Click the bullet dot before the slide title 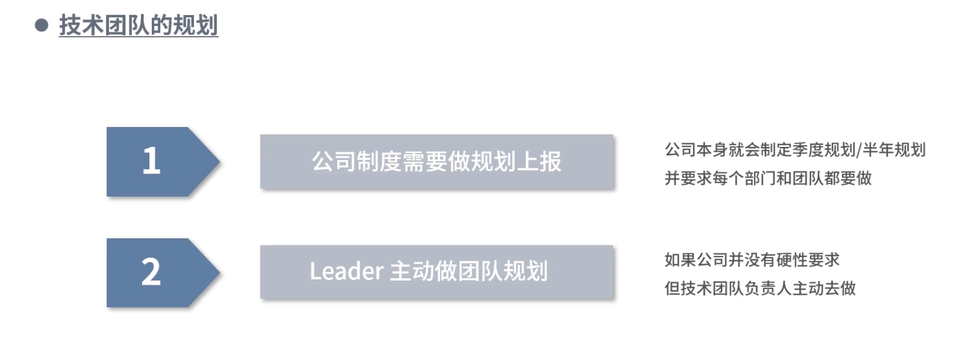[42, 25]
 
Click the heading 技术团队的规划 [138, 25]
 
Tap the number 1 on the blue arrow [151, 161]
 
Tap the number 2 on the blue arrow [151, 272]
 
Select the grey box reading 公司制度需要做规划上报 [436, 161]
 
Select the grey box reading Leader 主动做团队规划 [436, 272]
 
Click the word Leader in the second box [346, 272]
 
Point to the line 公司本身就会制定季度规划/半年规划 [794, 149]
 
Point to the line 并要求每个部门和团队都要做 [768, 178]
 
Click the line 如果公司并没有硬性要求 [752, 260]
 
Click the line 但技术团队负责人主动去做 [759, 288]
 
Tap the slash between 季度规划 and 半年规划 [859, 149]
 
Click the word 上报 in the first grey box [539, 161]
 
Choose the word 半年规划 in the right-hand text [894, 149]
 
